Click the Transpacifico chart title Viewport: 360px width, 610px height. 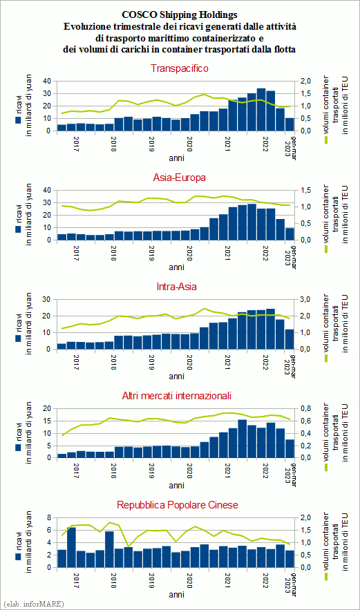pyautogui.click(x=180, y=68)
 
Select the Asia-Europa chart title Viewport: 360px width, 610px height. pyautogui.click(x=180, y=178)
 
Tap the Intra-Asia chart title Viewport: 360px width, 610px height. pyautogui.click(x=177, y=287)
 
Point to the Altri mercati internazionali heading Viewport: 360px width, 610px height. pyautogui.click(x=177, y=396)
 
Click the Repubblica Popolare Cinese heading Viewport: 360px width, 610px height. pyautogui.click(x=178, y=505)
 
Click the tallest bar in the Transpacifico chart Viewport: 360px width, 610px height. pyautogui.click(x=261, y=110)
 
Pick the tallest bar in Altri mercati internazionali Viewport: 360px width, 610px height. pyautogui.click(x=242, y=439)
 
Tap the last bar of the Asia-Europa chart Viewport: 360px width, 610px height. pyautogui.click(x=290, y=234)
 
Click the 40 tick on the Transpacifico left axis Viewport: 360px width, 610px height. pyautogui.click(x=47, y=81)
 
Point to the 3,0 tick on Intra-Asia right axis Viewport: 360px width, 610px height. pyautogui.click(x=305, y=300)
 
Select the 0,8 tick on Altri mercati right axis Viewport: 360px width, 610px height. pyautogui.click(x=305, y=408)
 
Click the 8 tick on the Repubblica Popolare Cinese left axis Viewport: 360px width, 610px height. pyautogui.click(x=49, y=518)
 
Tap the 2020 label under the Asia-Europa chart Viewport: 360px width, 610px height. pyautogui.click(x=189, y=253)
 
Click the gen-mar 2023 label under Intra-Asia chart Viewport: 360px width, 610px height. pyautogui.click(x=290, y=365)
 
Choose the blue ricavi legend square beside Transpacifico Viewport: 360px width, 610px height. pyautogui.click(x=18, y=120)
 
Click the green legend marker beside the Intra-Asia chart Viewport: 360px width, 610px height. pyautogui.click(x=326, y=358)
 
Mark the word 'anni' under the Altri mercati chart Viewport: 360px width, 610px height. pyautogui.click(x=177, y=486)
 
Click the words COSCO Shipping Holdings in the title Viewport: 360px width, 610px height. pyautogui.click(x=180, y=15)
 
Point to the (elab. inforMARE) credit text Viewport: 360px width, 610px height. pyautogui.click(x=33, y=604)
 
